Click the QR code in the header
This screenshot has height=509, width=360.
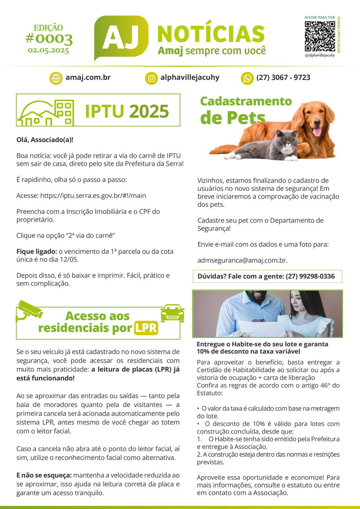coord(320,36)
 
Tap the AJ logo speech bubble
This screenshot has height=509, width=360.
coord(121,37)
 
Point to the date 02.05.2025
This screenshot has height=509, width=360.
coord(48,50)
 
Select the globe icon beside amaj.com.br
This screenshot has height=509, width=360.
coord(56,78)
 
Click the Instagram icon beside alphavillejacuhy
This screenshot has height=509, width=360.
coord(152,78)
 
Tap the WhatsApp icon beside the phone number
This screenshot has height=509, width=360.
coord(247,78)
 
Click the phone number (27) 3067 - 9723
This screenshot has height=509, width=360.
coord(283,78)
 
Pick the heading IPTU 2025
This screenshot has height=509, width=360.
coord(127,112)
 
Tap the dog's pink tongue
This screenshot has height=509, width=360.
coord(317,132)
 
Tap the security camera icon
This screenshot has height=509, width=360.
coord(29,310)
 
